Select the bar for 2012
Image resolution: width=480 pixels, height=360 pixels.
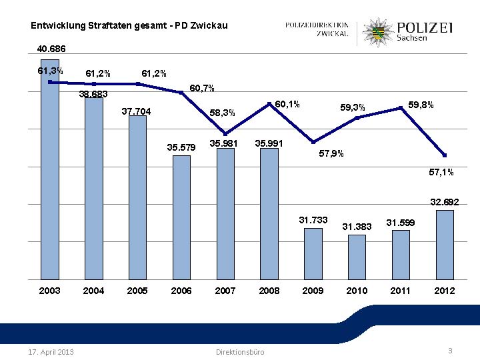[445, 245]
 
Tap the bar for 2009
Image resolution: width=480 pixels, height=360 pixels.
[313, 254]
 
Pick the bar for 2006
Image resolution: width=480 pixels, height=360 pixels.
[181, 217]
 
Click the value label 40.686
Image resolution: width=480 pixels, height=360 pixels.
[51, 49]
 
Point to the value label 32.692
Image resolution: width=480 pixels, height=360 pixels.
[445, 201]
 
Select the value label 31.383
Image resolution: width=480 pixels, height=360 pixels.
[357, 227]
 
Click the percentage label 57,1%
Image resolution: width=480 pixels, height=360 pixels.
[441, 172]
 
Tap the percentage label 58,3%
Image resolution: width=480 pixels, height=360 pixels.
[223, 113]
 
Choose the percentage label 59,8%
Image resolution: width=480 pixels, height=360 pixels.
[421, 105]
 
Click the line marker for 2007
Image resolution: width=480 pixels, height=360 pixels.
[225, 134]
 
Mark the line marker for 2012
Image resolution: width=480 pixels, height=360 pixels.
[445, 155]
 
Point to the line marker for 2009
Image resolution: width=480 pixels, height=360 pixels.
[313, 142]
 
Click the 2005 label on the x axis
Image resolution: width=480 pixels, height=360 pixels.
[137, 291]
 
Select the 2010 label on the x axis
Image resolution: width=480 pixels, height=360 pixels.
[357, 291]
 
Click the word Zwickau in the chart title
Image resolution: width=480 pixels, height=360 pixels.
[209, 26]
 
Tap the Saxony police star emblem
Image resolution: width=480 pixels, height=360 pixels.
[378, 31]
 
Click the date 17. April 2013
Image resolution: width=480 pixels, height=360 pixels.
[51, 351]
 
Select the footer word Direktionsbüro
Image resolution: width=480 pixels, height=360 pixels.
[240, 351]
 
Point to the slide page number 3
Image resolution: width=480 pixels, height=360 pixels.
[451, 351]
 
